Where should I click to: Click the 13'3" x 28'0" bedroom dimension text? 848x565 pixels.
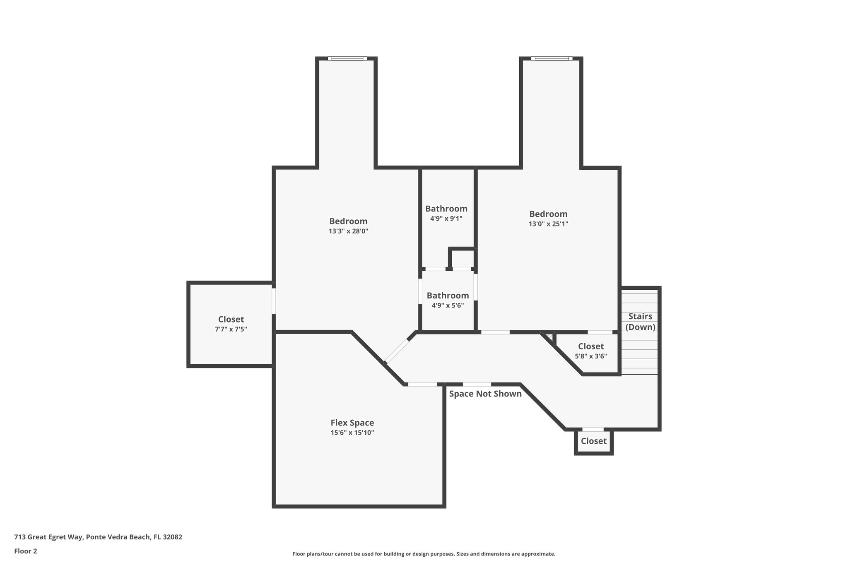(x=348, y=231)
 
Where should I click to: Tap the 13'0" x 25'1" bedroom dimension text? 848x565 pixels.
(x=548, y=224)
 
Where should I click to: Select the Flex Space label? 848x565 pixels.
(x=352, y=423)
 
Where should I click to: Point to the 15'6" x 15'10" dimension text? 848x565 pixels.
(x=352, y=433)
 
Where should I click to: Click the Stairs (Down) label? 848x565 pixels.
(x=640, y=322)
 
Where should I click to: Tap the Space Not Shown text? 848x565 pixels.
(x=485, y=394)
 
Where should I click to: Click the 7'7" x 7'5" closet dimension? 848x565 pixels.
(x=231, y=329)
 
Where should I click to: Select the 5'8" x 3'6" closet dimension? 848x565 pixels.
(x=591, y=356)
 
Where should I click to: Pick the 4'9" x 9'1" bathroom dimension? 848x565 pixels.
(x=446, y=219)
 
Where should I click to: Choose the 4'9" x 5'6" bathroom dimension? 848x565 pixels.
(x=448, y=305)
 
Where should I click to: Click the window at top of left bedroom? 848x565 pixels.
(x=347, y=58)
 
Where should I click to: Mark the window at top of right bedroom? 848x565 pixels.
(x=552, y=58)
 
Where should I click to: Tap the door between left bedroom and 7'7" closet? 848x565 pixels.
(x=274, y=301)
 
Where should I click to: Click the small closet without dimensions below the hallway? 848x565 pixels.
(x=593, y=441)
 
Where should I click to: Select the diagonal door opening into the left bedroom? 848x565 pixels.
(x=397, y=351)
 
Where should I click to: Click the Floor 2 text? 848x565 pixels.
(x=26, y=551)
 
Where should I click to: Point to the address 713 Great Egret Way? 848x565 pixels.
(x=98, y=537)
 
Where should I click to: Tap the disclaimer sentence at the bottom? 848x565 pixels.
(x=424, y=554)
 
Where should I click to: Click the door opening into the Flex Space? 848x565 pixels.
(x=422, y=384)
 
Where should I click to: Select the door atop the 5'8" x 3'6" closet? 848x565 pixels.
(x=600, y=332)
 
